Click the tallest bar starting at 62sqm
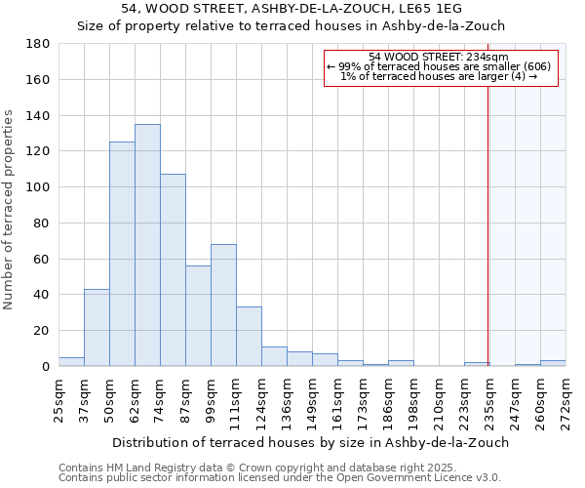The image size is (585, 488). pos(147,245)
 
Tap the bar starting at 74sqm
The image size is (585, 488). pos(173,270)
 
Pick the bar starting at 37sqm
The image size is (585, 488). pos(97,327)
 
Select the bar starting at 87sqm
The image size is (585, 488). pos(198,316)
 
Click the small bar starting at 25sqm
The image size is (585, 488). pos(71,361)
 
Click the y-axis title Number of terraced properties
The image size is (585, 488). pos(9,210)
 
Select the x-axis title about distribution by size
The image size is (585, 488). pos(310,442)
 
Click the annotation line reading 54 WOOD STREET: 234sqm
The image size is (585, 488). pos(439,57)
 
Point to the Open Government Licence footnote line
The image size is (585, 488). pos(280,477)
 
